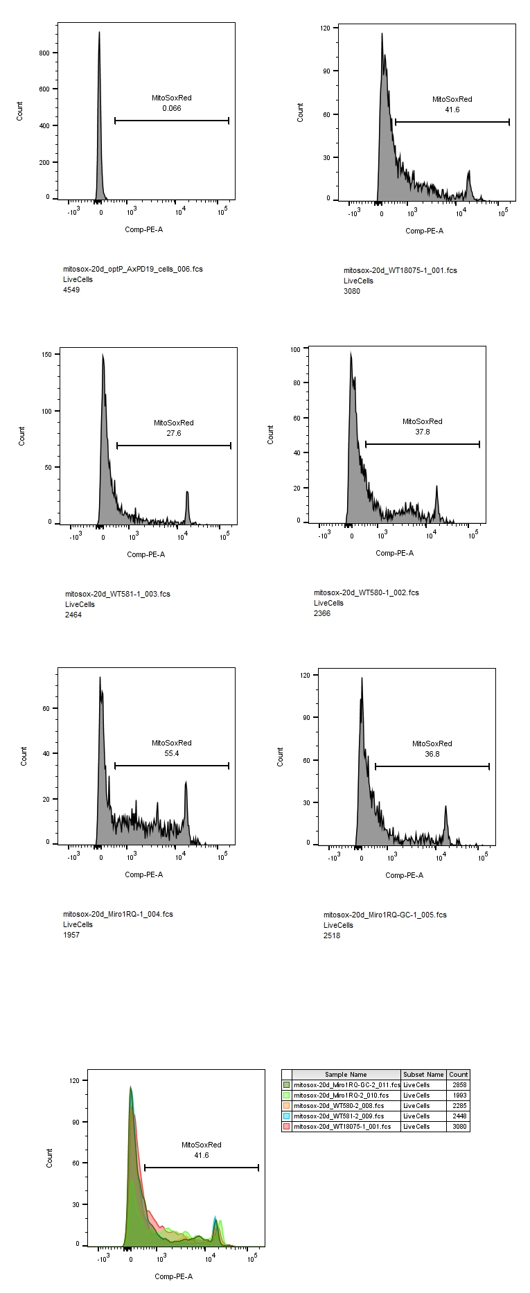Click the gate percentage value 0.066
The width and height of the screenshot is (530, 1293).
click(171, 109)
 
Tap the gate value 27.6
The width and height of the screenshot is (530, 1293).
click(173, 434)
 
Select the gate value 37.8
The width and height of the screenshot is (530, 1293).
click(422, 432)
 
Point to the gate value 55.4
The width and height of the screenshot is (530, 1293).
click(171, 754)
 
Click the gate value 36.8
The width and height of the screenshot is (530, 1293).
click(432, 755)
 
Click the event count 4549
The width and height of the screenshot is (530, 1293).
click(71, 290)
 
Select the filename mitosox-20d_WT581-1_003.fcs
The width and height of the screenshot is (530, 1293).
click(117, 594)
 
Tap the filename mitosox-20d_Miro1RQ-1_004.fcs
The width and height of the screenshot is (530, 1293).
click(118, 914)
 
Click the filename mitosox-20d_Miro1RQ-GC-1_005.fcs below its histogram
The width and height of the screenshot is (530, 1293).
click(385, 915)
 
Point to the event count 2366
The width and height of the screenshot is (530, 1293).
click(322, 613)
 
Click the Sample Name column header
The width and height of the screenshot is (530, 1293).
click(346, 1075)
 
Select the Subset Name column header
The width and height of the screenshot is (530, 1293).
click(423, 1075)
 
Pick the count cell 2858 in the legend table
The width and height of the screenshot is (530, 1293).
click(459, 1085)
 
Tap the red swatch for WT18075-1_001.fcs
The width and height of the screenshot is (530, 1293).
click(286, 1127)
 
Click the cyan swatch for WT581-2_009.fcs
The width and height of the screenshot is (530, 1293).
click(286, 1116)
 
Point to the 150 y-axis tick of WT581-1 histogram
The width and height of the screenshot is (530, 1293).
click(47, 354)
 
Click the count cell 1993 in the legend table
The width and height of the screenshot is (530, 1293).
click(459, 1096)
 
